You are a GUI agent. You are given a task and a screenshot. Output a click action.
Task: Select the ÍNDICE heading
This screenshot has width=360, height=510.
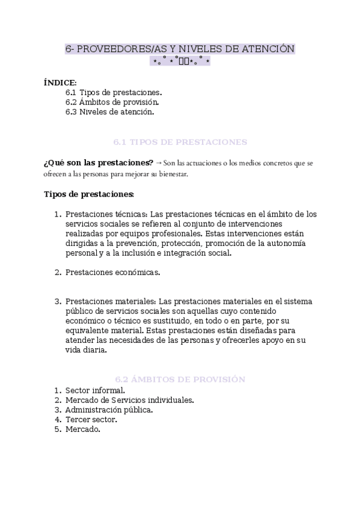60,82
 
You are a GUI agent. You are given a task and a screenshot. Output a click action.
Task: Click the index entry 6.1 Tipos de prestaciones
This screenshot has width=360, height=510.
114,93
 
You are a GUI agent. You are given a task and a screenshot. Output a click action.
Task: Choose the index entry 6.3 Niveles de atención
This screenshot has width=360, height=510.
110,112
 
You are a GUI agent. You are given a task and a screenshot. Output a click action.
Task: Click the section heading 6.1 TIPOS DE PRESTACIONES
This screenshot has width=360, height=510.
180,143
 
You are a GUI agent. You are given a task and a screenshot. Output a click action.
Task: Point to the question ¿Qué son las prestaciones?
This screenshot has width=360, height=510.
98,163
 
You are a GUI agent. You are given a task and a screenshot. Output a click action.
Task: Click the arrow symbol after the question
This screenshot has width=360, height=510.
159,163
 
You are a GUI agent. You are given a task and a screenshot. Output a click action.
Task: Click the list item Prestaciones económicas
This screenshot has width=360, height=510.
113,272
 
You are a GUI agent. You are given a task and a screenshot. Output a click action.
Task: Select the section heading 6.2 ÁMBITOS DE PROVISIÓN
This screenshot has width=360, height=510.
180,379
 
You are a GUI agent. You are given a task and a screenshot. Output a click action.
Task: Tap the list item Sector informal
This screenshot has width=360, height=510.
95,390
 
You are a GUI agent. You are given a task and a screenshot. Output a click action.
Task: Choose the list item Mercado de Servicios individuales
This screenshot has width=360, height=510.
129,399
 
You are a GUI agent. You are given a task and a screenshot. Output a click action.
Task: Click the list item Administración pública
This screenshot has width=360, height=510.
109,410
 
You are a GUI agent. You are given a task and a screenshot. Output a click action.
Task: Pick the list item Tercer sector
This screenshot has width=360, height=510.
91,419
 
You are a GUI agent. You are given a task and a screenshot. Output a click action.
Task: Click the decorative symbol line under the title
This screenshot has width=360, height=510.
180,61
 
